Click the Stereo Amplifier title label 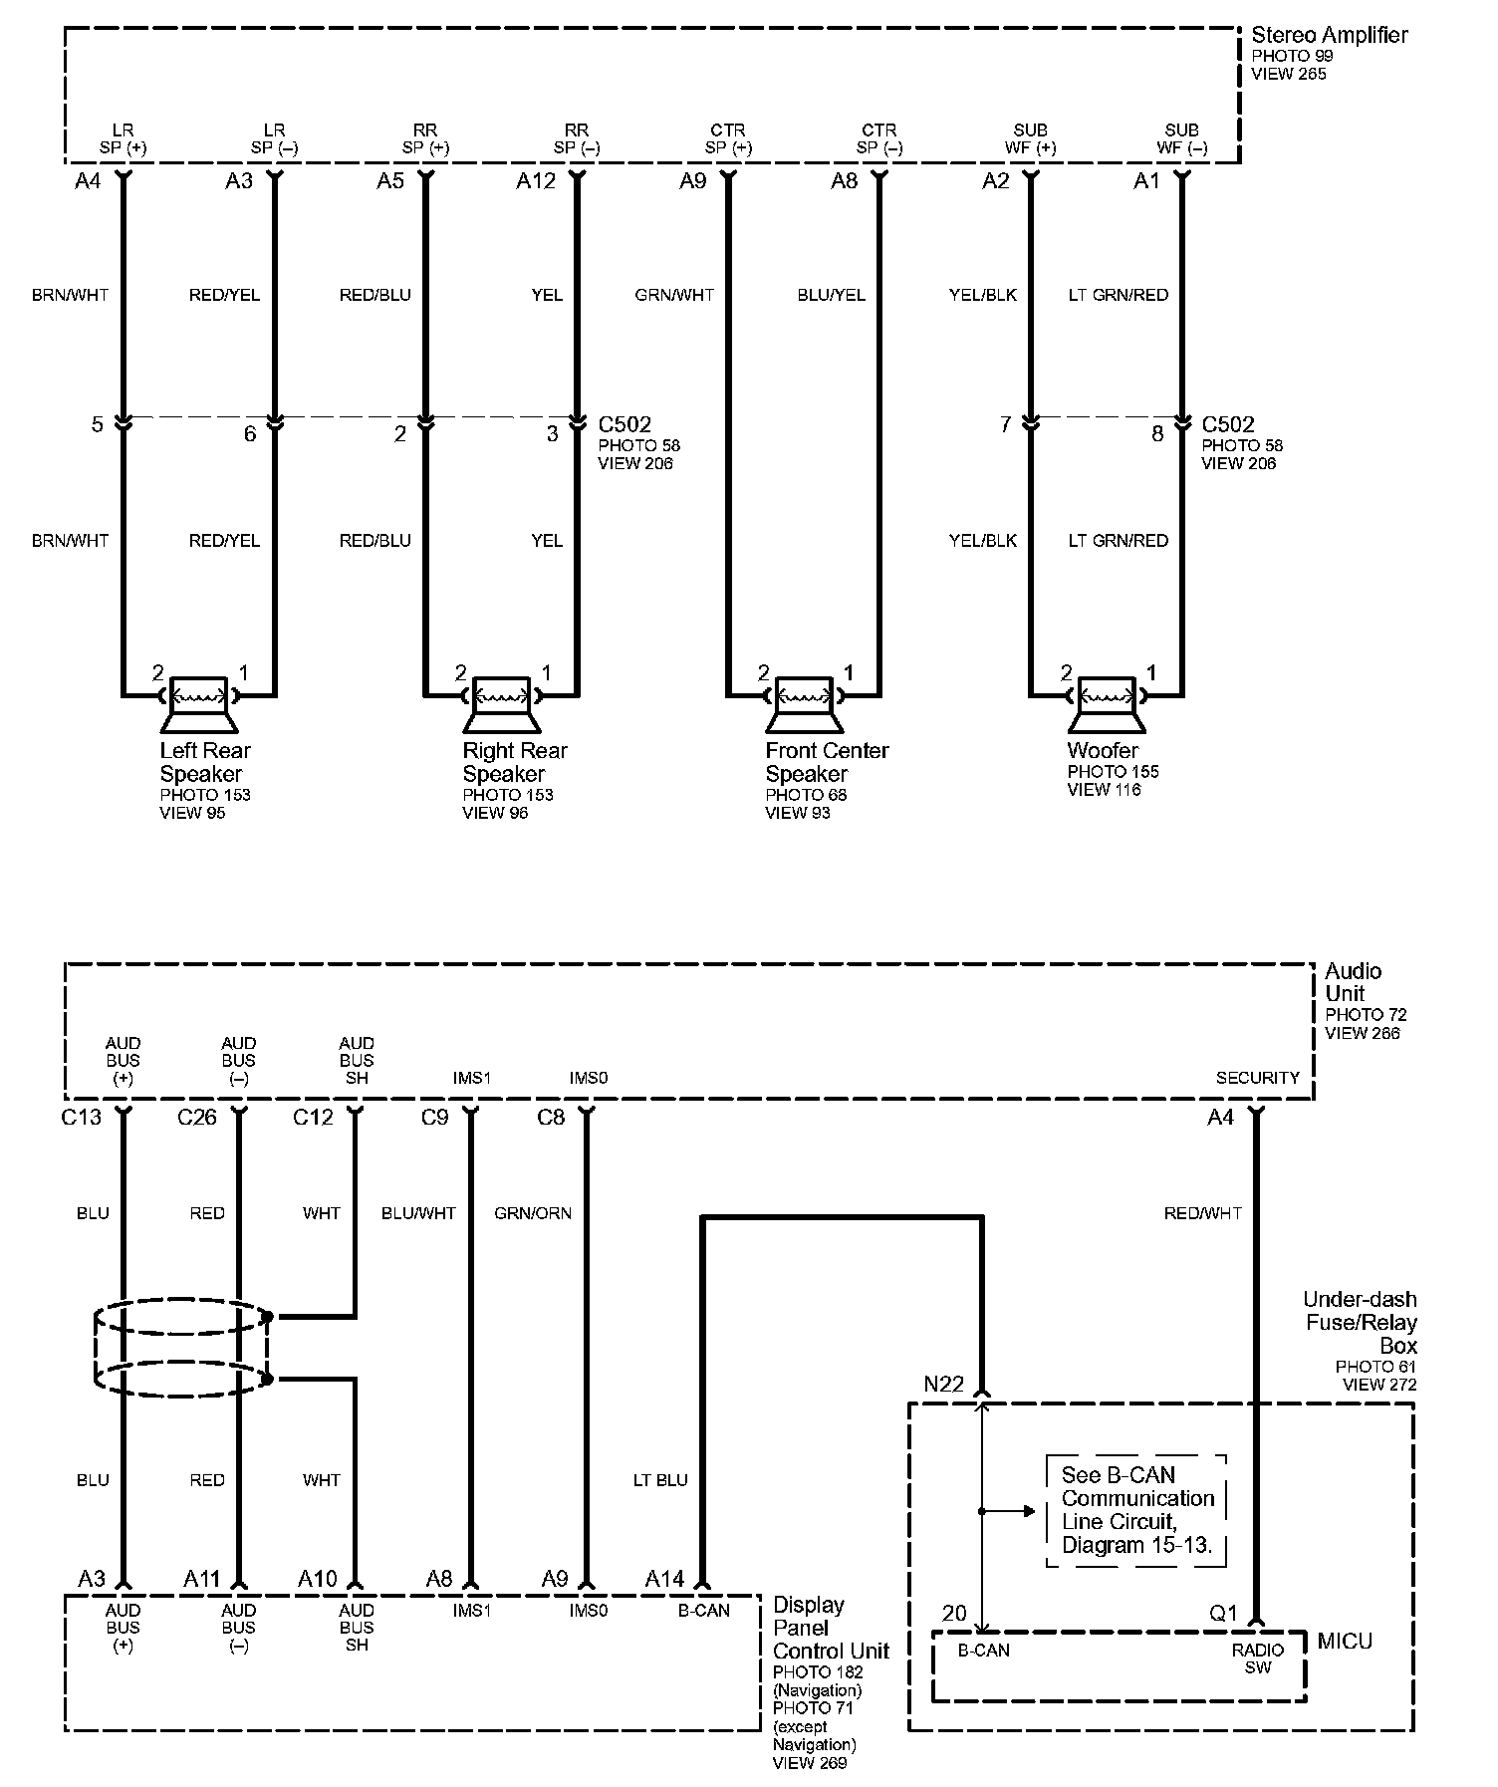(x=1329, y=36)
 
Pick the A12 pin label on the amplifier (x=536, y=181)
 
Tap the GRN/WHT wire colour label (x=674, y=295)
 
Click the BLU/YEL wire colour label (x=831, y=295)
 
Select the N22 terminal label (x=943, y=1385)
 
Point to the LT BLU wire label (x=660, y=1480)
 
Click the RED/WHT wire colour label (x=1202, y=1213)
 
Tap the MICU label (x=1345, y=1641)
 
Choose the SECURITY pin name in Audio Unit (x=1257, y=1078)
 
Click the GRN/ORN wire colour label (x=533, y=1213)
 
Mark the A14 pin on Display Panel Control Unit (x=664, y=1579)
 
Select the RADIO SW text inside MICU (x=1257, y=1659)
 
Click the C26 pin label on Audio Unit (x=196, y=1118)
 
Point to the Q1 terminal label (x=1223, y=1614)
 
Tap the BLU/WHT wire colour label (x=418, y=1213)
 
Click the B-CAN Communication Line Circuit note (x=1136, y=1510)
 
